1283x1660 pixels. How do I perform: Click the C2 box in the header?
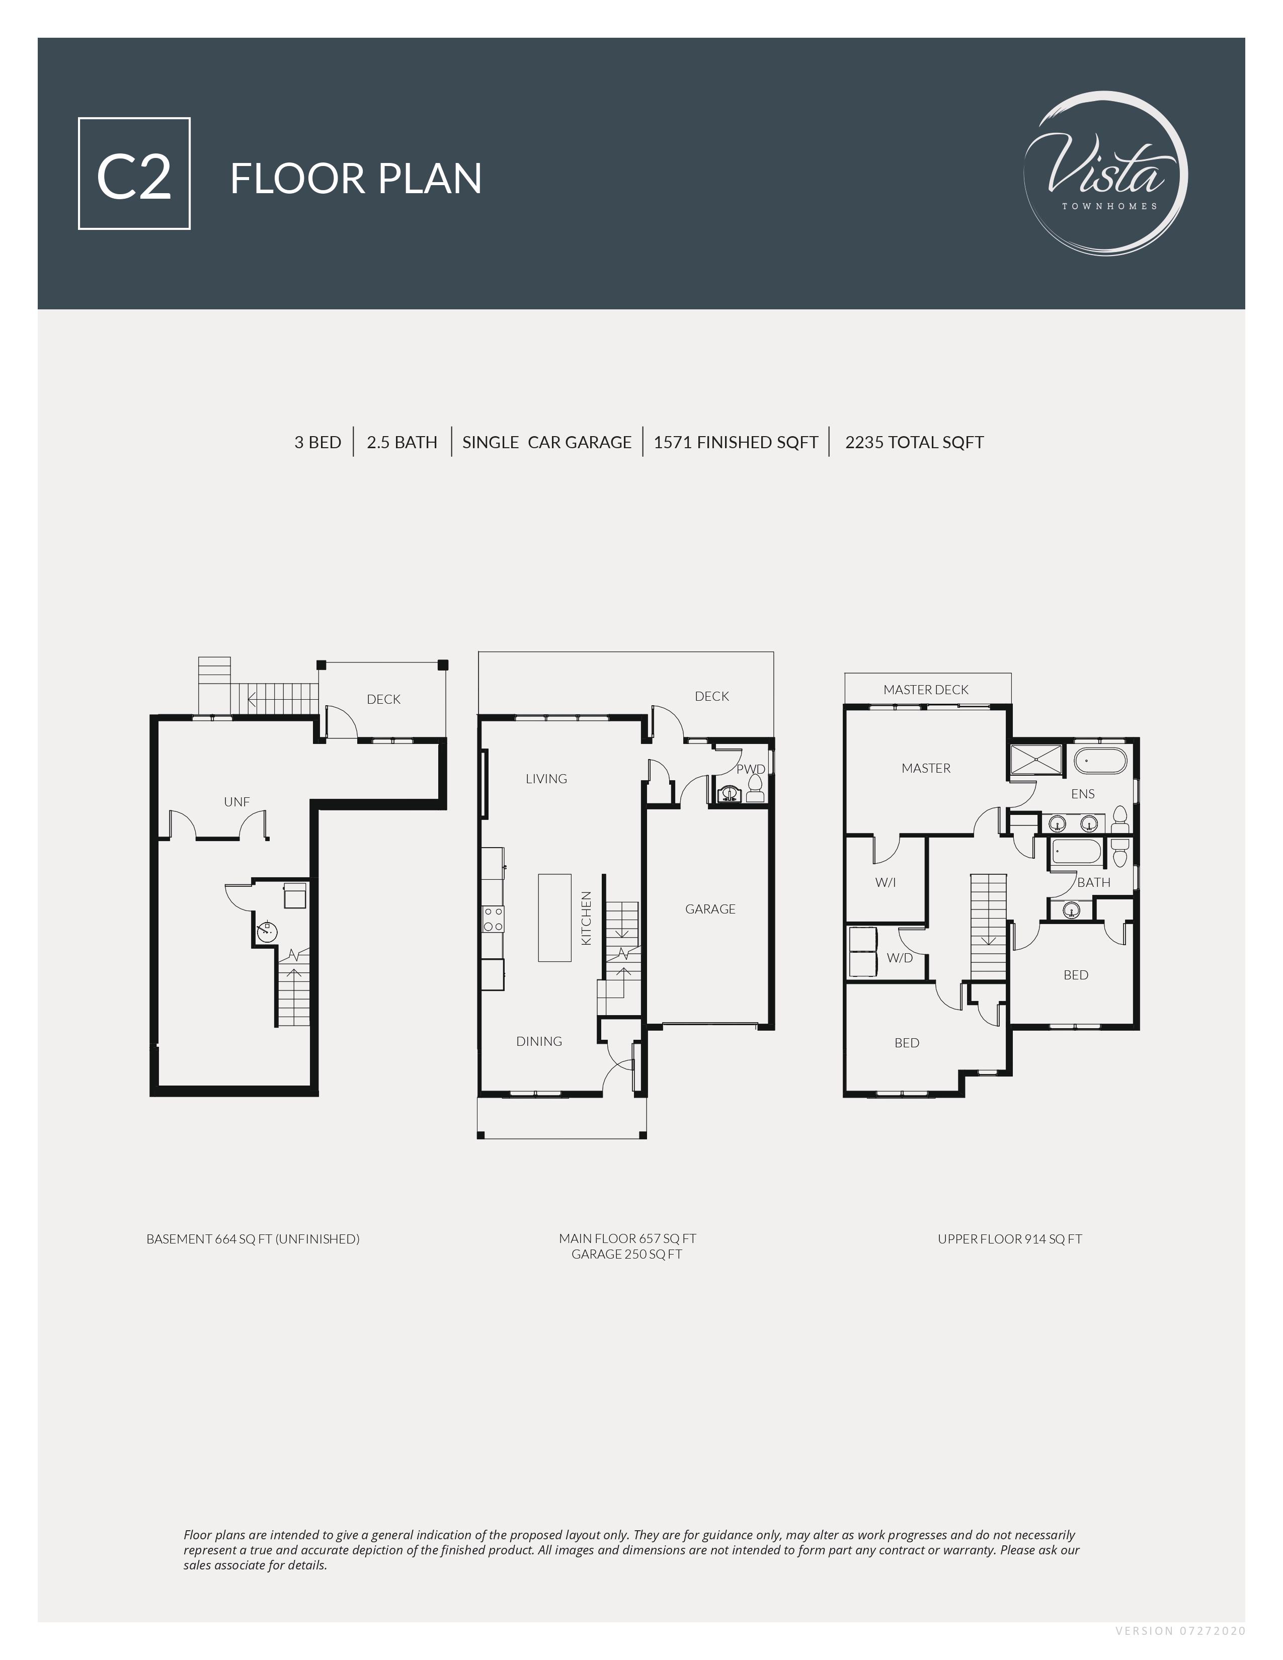[x=134, y=174]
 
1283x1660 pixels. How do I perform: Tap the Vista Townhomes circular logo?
[x=1106, y=174]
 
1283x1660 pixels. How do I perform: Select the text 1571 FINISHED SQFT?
[x=735, y=442]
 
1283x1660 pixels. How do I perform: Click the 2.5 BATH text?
[x=402, y=442]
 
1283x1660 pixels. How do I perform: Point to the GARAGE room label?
[x=710, y=909]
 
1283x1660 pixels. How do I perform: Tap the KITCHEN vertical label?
[x=586, y=918]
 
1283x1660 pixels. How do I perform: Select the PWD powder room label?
[x=750, y=769]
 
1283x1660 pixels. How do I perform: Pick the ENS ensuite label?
[x=1082, y=793]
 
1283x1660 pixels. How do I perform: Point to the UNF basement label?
[x=236, y=801]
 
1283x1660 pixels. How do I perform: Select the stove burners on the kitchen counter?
[x=493, y=919]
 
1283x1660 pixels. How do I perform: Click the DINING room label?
[x=539, y=1041]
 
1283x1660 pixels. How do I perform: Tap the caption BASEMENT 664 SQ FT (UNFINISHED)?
[x=253, y=1239]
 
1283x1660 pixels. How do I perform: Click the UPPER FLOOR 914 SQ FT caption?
[x=1009, y=1239]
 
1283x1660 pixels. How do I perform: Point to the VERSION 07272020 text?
[x=1180, y=1630]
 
